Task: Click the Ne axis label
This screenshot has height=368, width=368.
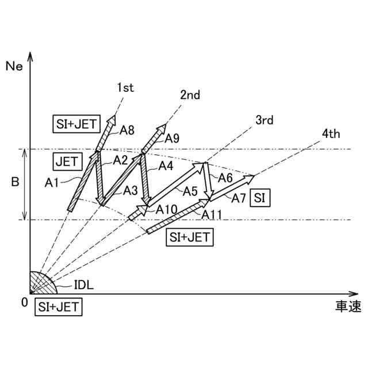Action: [x=14, y=65]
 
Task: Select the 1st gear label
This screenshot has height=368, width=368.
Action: [x=125, y=87]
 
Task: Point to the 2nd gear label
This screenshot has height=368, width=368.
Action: [x=190, y=95]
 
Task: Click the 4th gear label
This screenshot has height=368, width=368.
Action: [x=331, y=135]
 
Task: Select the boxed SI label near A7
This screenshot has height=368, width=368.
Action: [x=260, y=197]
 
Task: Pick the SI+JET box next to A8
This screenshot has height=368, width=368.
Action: [x=76, y=122]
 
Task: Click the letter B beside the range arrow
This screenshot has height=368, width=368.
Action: [x=15, y=183]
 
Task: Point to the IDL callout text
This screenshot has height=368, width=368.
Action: [x=84, y=284]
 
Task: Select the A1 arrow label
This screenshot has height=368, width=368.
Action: [x=53, y=182]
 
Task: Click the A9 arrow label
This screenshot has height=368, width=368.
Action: [x=172, y=138]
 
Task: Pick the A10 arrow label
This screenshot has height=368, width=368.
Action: [x=166, y=209]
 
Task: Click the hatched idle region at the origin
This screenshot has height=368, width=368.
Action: [x=40, y=283]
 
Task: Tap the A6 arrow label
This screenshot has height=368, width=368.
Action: [x=225, y=178]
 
